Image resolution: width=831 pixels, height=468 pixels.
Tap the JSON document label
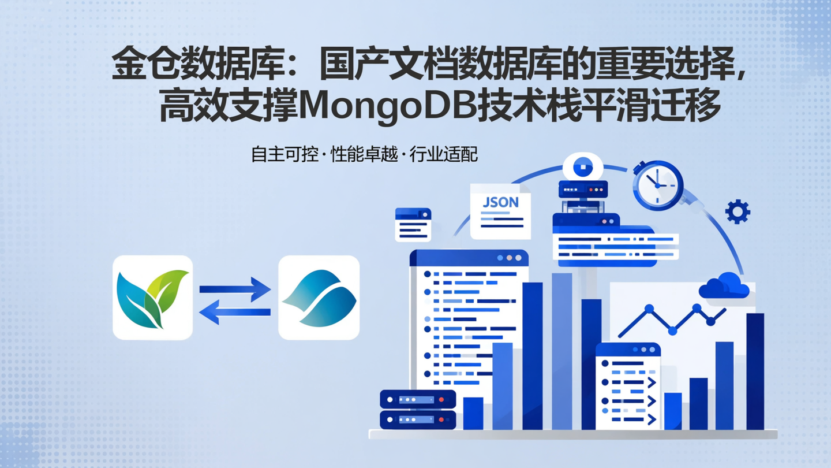click(x=500, y=203)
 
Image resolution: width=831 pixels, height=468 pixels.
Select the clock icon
click(x=658, y=185)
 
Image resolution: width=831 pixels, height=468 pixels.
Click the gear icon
click(x=738, y=212)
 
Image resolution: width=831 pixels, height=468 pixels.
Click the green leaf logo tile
click(x=152, y=297)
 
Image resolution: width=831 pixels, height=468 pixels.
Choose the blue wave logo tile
click(x=319, y=297)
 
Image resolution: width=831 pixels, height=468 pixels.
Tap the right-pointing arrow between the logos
click(x=235, y=288)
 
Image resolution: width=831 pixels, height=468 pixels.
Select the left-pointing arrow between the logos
click(x=235, y=313)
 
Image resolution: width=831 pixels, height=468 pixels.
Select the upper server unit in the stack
click(x=418, y=399)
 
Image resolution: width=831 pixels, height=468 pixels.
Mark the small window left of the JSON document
click(x=413, y=224)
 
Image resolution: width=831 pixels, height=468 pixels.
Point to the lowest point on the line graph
click(x=672, y=331)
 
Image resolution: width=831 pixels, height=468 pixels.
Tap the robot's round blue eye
click(x=583, y=167)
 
